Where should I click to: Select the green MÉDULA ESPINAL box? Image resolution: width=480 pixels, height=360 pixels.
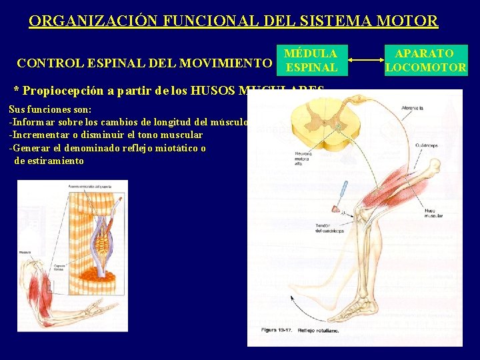point(310,60)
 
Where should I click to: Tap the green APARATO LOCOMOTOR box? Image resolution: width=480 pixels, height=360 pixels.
point(425,60)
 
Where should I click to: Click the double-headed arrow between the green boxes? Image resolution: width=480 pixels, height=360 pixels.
point(364,61)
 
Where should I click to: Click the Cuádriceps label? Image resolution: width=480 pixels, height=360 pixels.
point(426,145)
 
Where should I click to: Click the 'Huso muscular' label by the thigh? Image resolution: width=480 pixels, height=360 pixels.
point(434,213)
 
